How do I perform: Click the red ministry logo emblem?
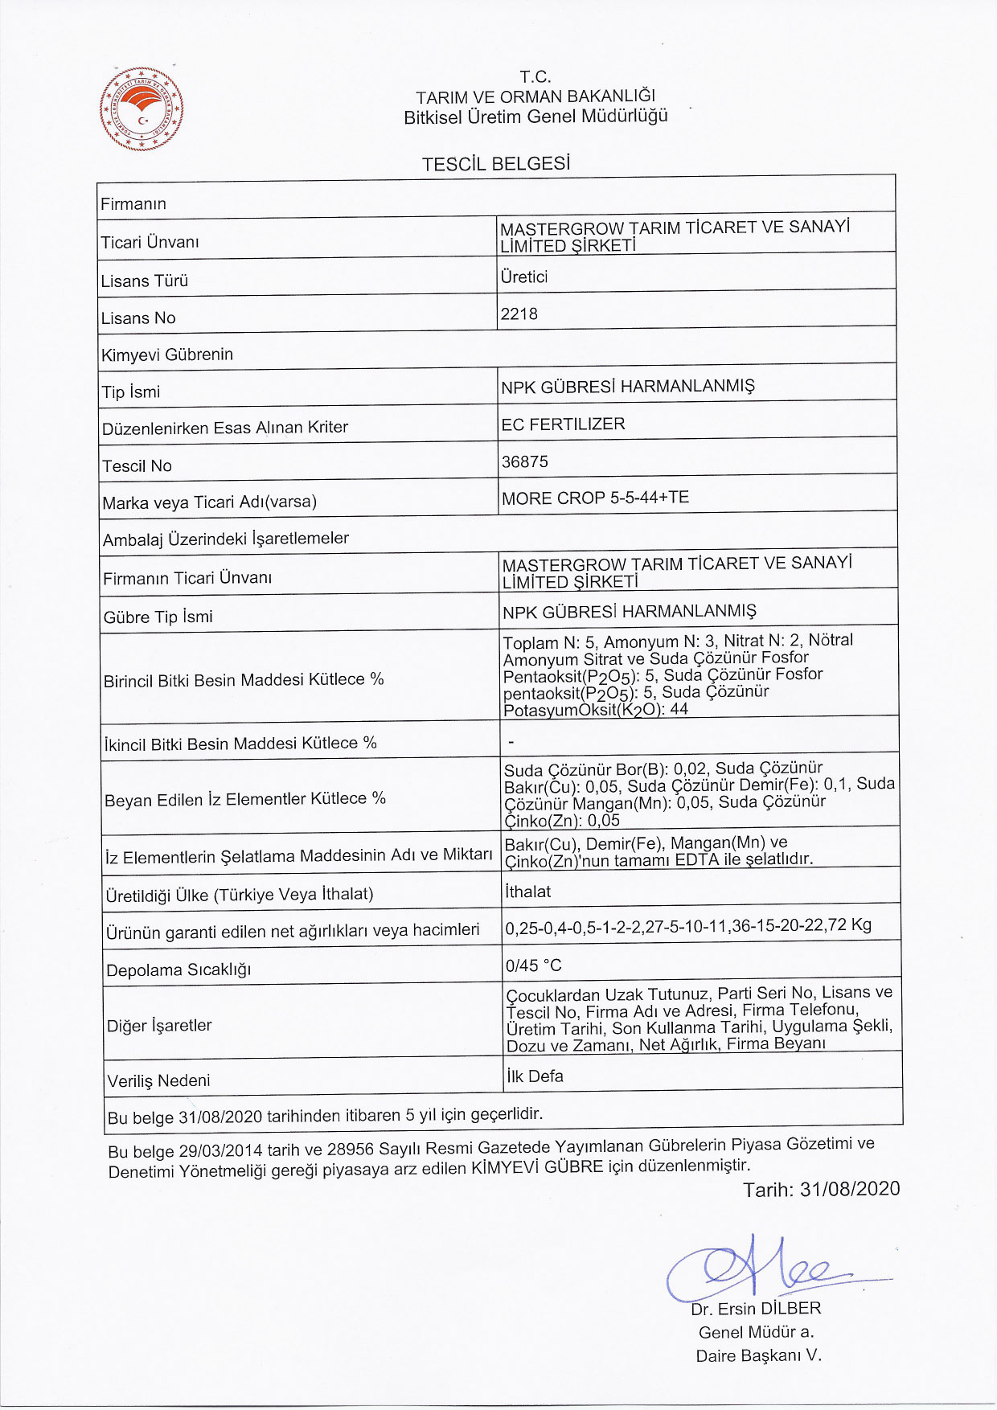point(142,109)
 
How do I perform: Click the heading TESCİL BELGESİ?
point(496,164)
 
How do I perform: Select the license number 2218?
point(519,314)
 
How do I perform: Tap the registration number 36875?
point(524,461)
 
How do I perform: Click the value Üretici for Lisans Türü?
point(523,277)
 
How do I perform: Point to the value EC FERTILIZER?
point(563,424)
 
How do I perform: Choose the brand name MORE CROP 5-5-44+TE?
point(595,498)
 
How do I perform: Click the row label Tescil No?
point(137,466)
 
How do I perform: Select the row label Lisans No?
point(137,318)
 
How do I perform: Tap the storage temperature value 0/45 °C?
point(533,965)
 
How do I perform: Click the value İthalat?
point(527,891)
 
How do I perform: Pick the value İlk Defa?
point(535,1076)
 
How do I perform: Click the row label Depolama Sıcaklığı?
point(178,970)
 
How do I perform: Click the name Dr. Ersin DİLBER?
point(756,1309)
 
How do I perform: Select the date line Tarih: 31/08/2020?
point(821,1190)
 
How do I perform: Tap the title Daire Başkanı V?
point(758,1356)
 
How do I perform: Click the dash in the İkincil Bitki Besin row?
point(511,742)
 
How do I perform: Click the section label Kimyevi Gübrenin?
point(167,355)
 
